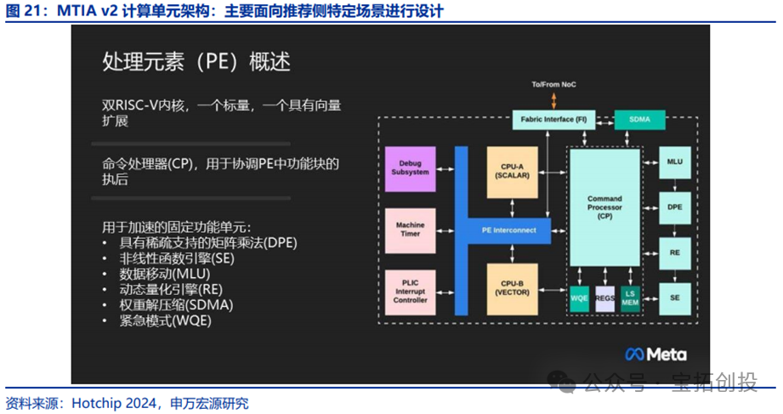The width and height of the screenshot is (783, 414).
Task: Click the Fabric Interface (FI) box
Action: point(553,120)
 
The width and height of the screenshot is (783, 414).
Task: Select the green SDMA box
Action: point(639,120)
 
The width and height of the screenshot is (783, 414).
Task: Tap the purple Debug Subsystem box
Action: point(410,166)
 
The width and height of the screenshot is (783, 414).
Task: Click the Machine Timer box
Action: point(410,230)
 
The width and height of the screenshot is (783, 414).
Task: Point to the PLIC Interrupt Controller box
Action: point(410,289)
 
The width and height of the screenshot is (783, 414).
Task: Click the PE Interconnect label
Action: point(508,230)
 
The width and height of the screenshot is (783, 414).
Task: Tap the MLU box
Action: point(674,162)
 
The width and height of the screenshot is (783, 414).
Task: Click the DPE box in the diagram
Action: point(674,207)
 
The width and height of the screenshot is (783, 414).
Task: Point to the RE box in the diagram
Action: point(674,252)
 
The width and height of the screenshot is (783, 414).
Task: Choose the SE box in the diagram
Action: point(674,298)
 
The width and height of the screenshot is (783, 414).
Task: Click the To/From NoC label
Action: point(553,85)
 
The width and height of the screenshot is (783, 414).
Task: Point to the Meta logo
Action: point(655,354)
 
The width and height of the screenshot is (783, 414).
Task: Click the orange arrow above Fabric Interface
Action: point(553,101)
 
